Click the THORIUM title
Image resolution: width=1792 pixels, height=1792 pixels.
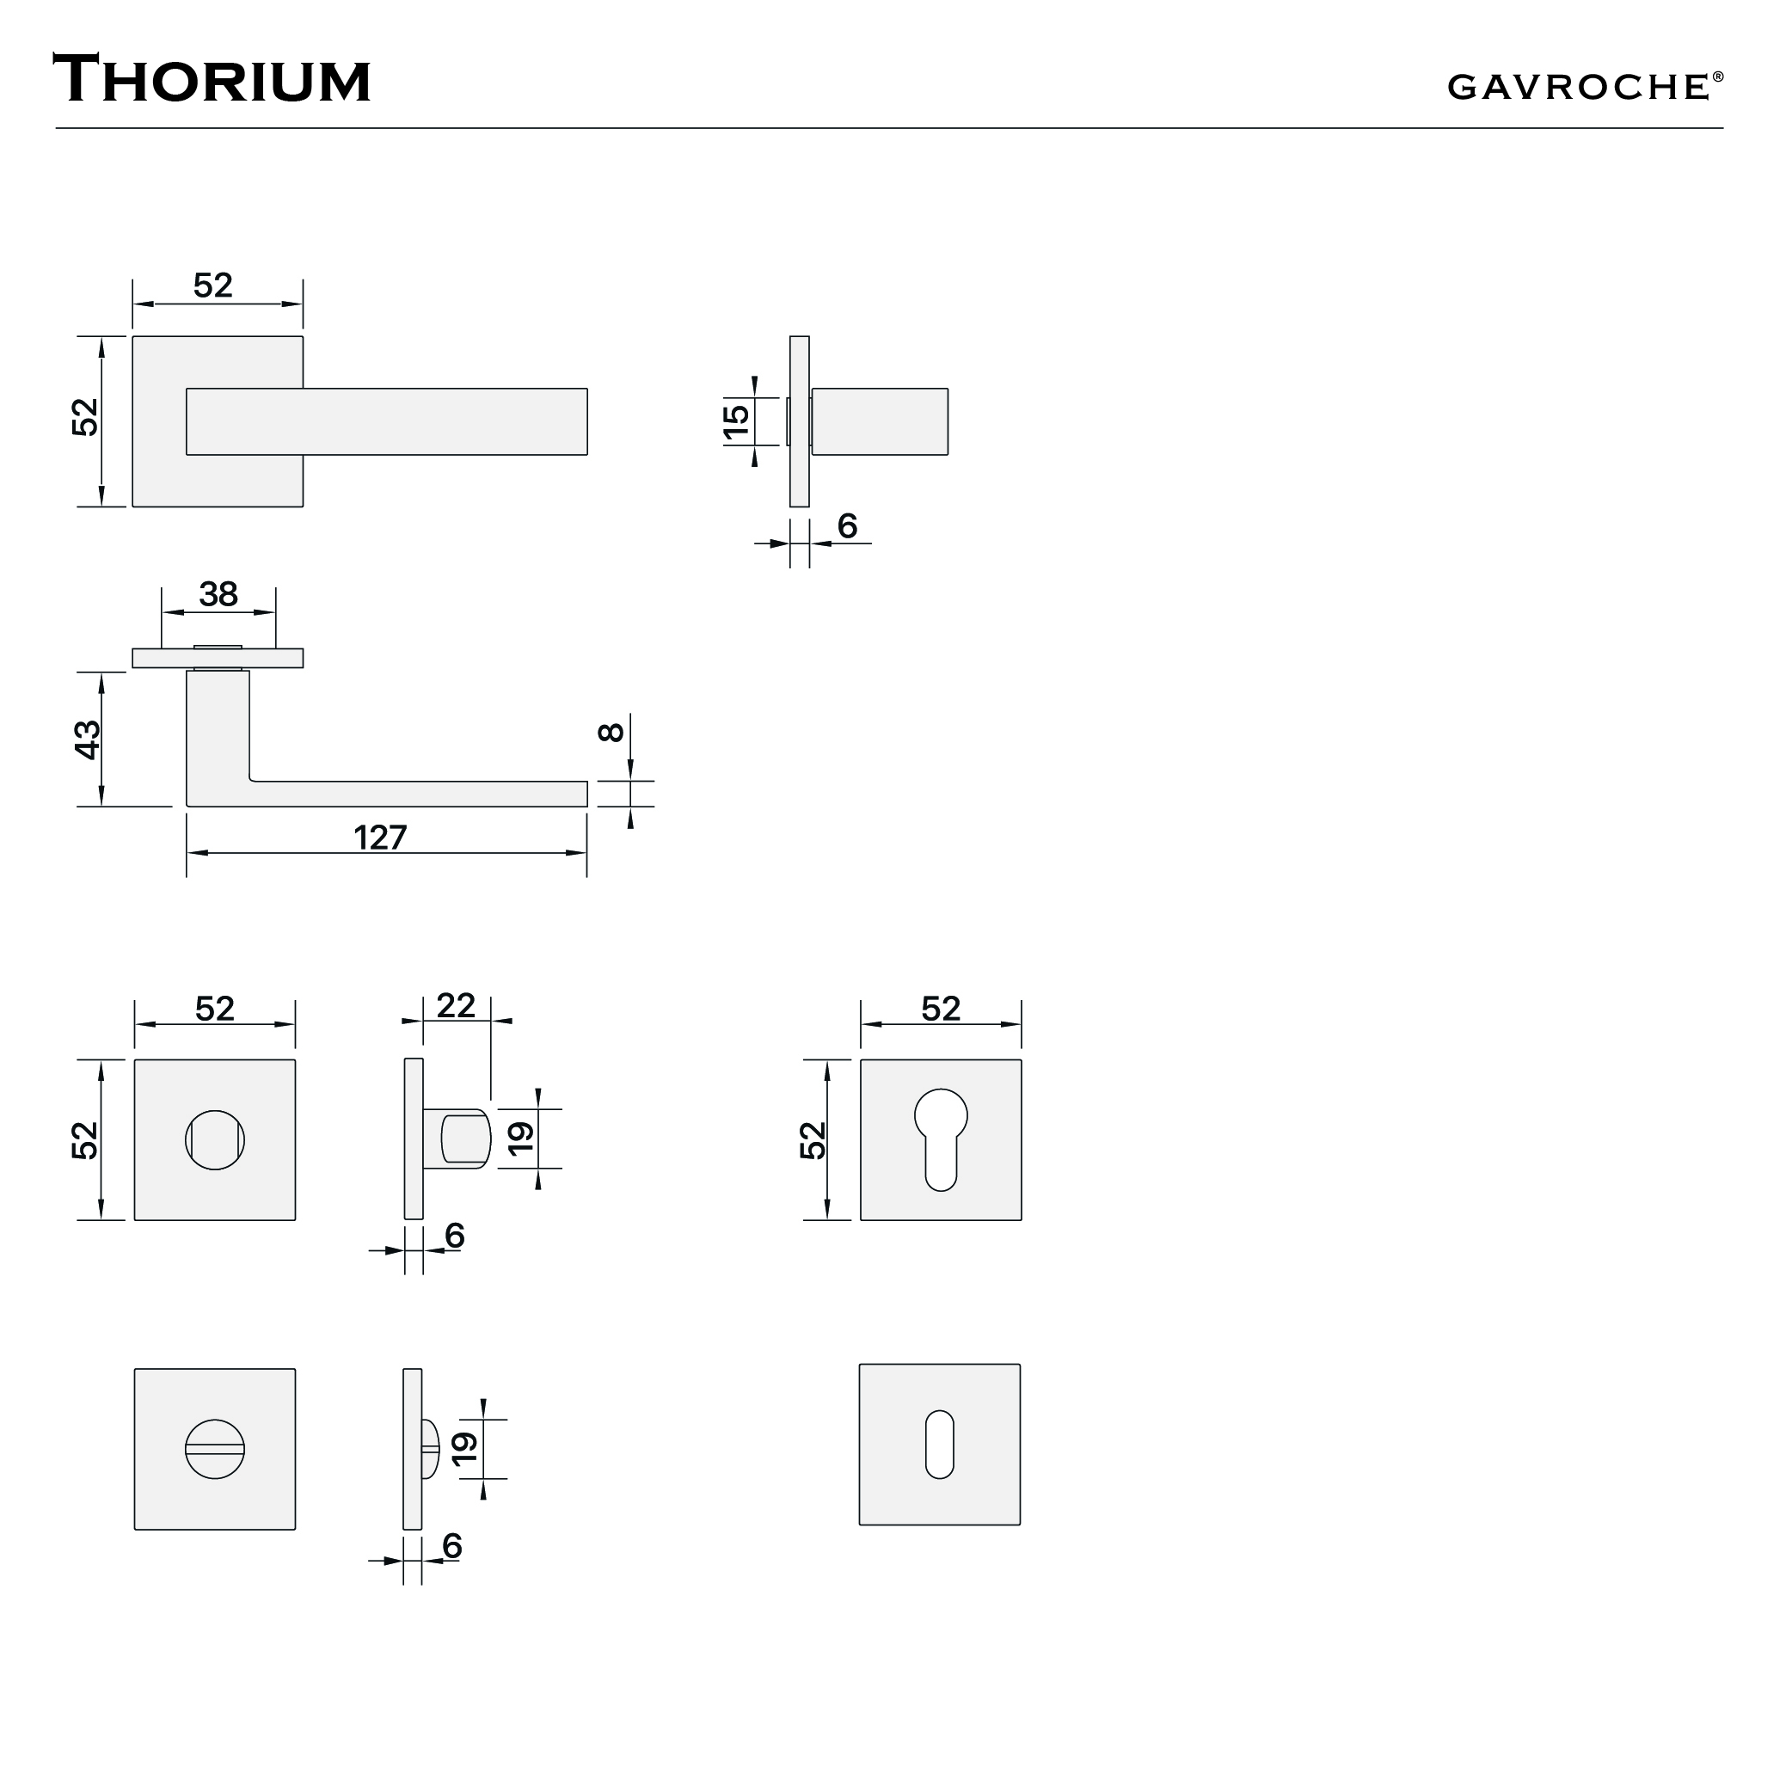[212, 80]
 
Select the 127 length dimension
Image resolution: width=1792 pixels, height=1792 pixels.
[380, 838]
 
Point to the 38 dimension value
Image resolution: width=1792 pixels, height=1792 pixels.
[218, 594]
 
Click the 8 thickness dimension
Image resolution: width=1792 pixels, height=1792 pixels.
[611, 732]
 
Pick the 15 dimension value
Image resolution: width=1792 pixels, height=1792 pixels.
[736, 421]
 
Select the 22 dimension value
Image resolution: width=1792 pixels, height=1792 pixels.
[456, 1005]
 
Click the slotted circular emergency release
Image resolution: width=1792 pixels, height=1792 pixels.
[214, 1449]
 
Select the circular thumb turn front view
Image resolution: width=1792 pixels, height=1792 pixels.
[214, 1139]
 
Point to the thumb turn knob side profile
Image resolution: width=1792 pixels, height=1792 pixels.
[464, 1139]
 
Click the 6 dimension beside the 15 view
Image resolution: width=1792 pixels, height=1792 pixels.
[847, 526]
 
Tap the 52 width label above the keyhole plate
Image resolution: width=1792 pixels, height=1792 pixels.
[941, 1010]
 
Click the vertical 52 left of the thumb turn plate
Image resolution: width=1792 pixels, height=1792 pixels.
[85, 1140]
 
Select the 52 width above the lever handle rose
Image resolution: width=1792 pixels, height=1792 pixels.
[212, 285]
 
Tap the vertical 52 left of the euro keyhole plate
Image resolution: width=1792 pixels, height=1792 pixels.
[813, 1140]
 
